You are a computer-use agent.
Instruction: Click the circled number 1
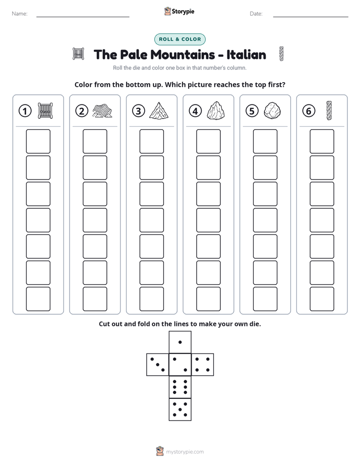pos(25,111)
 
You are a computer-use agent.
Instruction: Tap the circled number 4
pos(195,111)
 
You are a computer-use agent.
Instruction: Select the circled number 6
pos(309,111)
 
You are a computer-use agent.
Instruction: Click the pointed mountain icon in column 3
pos(159,111)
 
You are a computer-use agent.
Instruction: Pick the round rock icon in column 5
pos(272,111)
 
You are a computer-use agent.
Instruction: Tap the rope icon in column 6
pos(329,110)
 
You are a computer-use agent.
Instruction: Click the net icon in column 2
pos(102,111)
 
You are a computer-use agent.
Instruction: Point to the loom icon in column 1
pos(45,111)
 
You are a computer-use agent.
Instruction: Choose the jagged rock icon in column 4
pos(215,111)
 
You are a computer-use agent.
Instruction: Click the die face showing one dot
pos(180,342)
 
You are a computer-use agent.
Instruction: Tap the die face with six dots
pos(180,387)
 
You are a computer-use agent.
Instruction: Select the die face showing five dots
pos(180,409)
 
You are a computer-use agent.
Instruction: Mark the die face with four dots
pos(203,365)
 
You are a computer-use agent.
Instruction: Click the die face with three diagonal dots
pos(158,365)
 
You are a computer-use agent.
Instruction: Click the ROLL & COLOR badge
pos(180,39)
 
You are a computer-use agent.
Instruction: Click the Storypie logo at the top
pos(179,11)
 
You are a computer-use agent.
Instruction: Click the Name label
pos(20,14)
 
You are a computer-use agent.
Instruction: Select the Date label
pos(256,14)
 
